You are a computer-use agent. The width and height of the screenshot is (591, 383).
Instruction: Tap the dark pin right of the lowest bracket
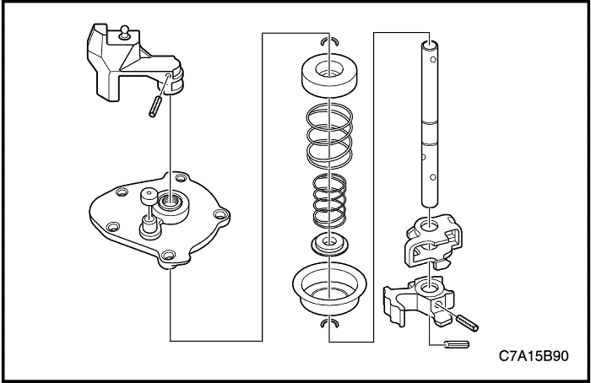[x=467, y=320]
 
